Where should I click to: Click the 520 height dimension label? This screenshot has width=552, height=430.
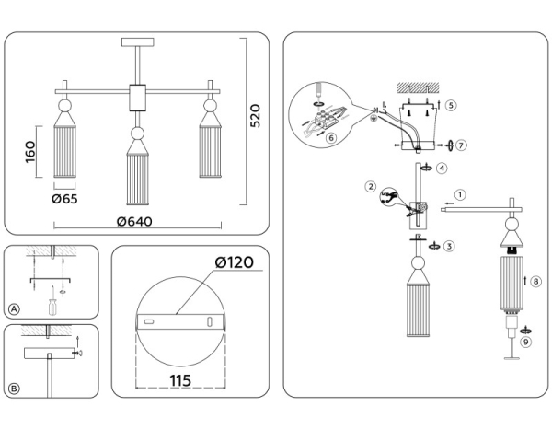tap(256, 117)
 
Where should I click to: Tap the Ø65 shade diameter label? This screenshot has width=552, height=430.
tap(64, 199)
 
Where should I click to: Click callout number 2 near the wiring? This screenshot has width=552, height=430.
tap(371, 187)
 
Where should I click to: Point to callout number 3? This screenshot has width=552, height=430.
tap(448, 246)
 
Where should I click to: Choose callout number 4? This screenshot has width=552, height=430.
tap(443, 169)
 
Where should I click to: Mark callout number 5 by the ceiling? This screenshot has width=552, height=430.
tap(451, 105)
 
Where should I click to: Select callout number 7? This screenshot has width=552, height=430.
tap(462, 145)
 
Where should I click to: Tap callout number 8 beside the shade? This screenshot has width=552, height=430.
tap(536, 280)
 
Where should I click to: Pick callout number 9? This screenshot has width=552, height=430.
tap(525, 342)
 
